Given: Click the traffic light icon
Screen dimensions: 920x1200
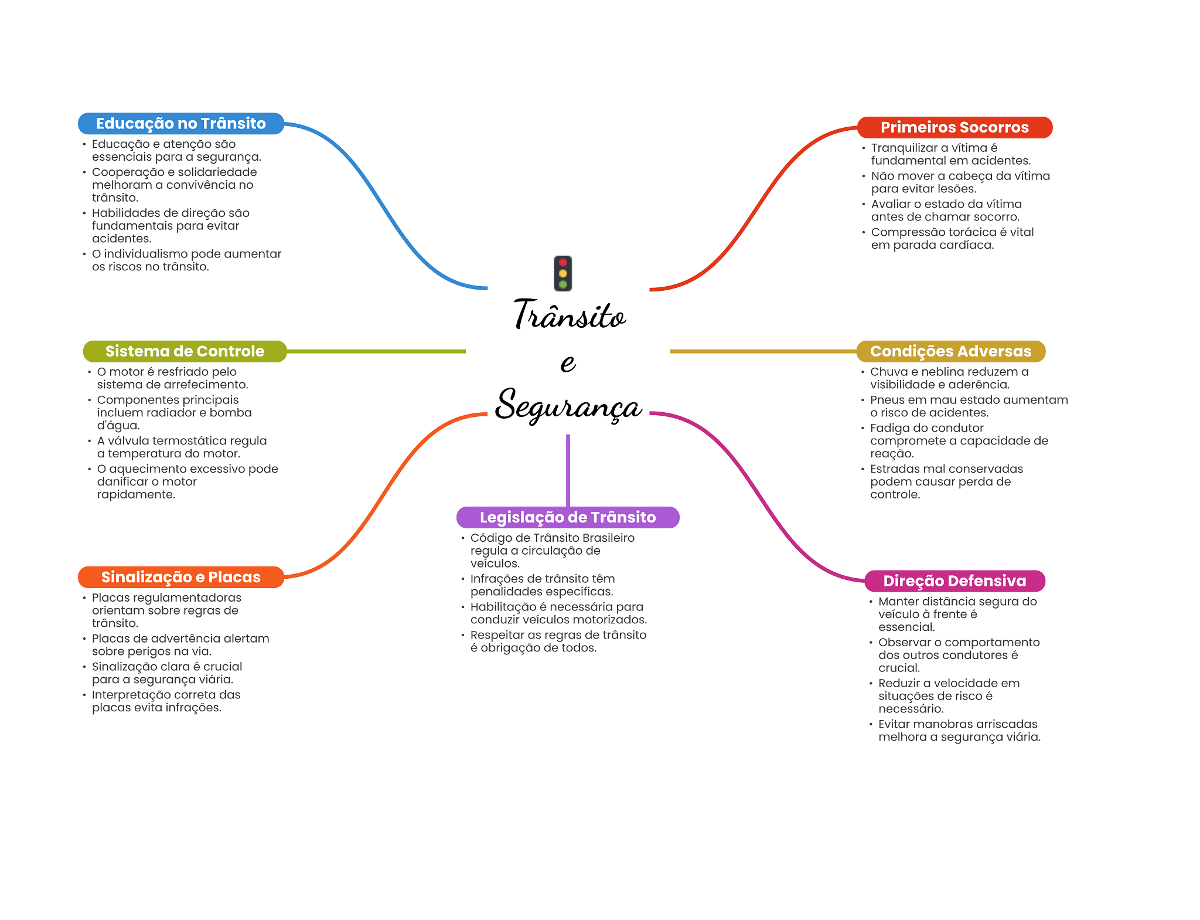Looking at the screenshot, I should pos(562,273).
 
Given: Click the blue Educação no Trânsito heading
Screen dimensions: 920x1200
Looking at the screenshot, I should pos(180,124).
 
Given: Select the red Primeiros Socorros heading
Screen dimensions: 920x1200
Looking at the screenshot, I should pos(954,127).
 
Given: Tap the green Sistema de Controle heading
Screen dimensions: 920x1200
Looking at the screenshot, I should pos(185,351).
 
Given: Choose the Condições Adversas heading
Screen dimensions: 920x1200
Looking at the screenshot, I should pos(950,351).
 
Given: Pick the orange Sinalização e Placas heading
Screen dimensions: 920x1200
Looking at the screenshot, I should pos(180,577).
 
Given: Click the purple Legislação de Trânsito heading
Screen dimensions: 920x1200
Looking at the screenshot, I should pos(567,517).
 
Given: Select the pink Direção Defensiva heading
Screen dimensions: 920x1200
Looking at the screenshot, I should pos(954,580).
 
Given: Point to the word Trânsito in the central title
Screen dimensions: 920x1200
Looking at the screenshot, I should pos(570,315).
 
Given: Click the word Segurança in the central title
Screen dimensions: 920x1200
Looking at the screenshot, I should pos(568,405).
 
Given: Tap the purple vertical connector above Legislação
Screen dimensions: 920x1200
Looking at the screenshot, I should pos(568,469).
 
